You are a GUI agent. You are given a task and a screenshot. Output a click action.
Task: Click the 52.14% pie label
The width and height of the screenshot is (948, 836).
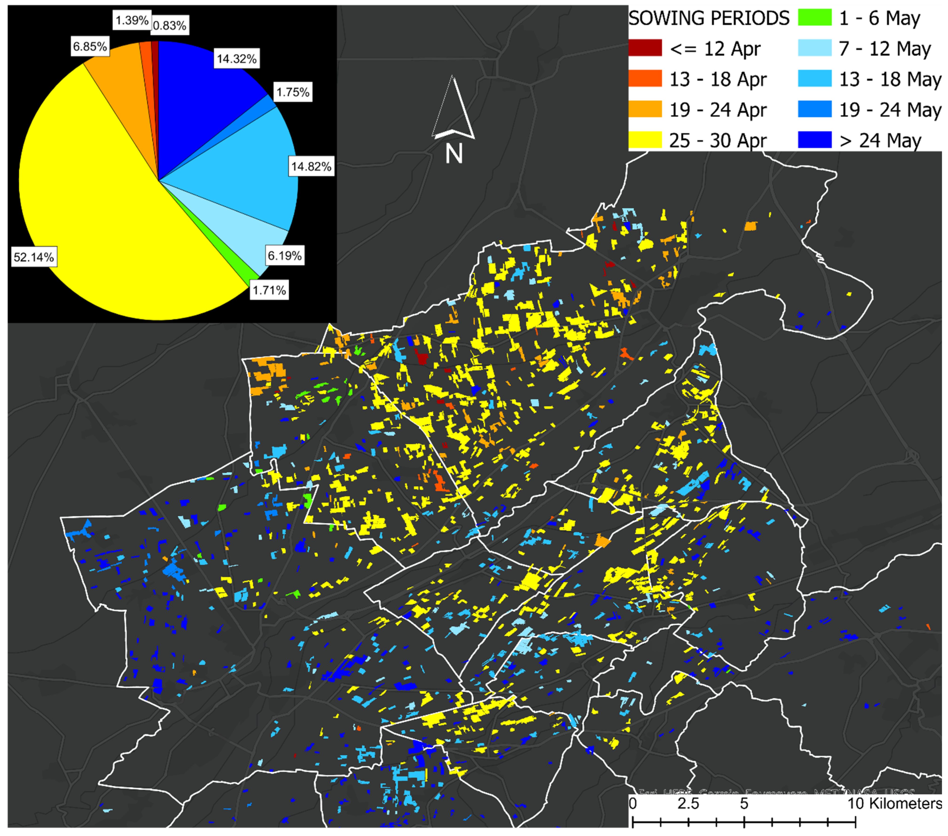tap(33, 257)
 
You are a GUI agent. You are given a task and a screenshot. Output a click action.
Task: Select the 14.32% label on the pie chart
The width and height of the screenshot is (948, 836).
tap(237, 59)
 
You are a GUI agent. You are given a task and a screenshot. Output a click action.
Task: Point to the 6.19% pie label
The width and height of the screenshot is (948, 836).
tap(284, 256)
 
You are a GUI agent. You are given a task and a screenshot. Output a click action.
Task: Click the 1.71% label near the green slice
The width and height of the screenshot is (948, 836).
tap(269, 290)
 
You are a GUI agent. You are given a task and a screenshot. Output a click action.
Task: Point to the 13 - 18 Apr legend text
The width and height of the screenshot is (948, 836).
tap(717, 79)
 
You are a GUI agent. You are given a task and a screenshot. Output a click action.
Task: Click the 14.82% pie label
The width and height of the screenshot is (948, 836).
tap(311, 167)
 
